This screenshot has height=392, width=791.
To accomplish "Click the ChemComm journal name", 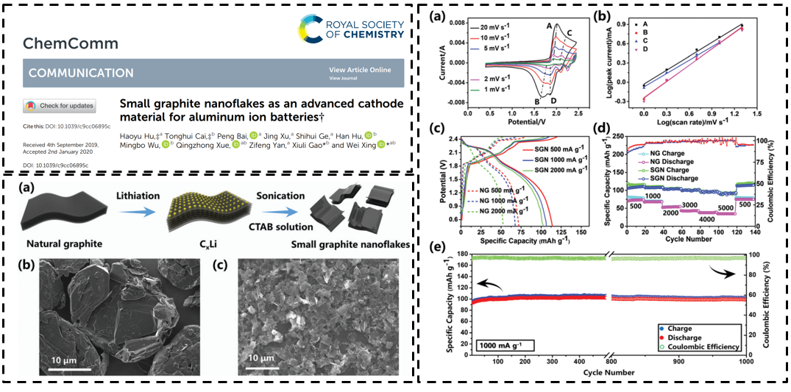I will (70, 43).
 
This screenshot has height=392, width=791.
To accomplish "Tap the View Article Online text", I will (360, 70).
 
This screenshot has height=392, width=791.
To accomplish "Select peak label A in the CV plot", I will (549, 26).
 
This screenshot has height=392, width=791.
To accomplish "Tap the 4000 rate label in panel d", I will (706, 219).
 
